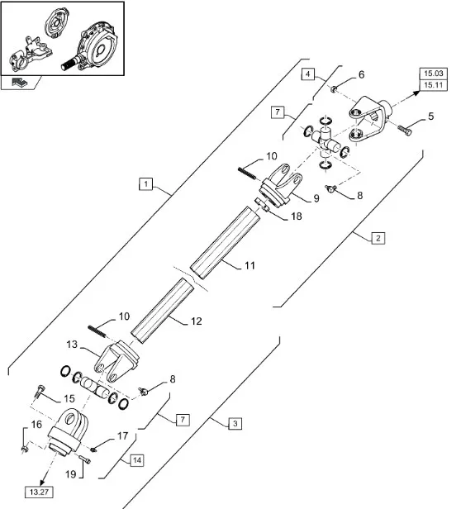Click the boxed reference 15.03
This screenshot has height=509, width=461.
pos(434,74)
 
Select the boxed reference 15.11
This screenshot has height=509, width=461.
pos(434,85)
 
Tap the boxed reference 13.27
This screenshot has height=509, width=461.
pos(39,492)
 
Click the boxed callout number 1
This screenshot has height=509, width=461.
pos(145,184)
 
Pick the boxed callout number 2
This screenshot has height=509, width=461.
pos(378,238)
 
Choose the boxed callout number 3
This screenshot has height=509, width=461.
pos(235,423)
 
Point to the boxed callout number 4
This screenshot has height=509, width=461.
pos(308,74)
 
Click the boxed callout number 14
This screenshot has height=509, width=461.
pos(137,460)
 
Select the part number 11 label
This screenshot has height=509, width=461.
pos(250,265)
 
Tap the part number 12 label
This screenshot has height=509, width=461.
pos(197,321)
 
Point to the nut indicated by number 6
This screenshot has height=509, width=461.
pos(334,88)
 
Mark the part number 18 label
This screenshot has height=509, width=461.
pos(297,216)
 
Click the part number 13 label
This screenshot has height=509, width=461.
pos(72,345)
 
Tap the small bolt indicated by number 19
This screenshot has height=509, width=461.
pos(85,459)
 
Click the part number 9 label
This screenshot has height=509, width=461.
pos(316,198)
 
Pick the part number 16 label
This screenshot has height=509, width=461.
pos(36,424)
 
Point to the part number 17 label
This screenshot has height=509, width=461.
pos(123,435)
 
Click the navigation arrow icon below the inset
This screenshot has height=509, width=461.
pos(20,82)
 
